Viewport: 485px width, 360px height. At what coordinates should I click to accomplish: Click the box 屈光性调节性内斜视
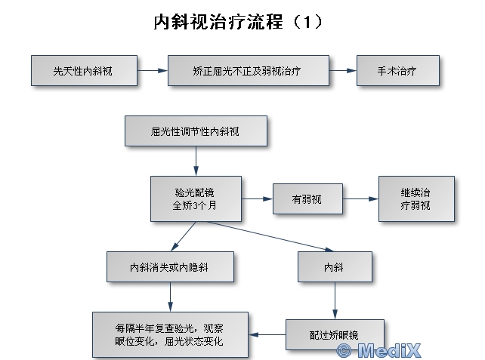point(196,131)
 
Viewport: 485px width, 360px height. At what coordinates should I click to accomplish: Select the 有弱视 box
point(307,199)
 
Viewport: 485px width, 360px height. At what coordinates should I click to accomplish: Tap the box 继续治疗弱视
point(416,198)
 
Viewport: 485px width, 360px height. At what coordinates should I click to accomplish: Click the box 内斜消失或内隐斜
point(170,266)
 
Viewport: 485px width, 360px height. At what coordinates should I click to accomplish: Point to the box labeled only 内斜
point(335,266)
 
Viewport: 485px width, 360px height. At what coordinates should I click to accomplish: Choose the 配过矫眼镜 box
point(335,334)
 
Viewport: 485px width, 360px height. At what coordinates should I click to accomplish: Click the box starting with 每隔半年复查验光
point(170,334)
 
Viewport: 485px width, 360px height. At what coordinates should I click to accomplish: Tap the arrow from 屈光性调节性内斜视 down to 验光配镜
point(196,160)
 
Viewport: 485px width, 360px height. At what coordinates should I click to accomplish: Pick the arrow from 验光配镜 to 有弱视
point(257,199)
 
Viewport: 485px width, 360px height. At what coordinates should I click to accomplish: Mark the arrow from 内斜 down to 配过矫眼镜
point(335,300)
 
